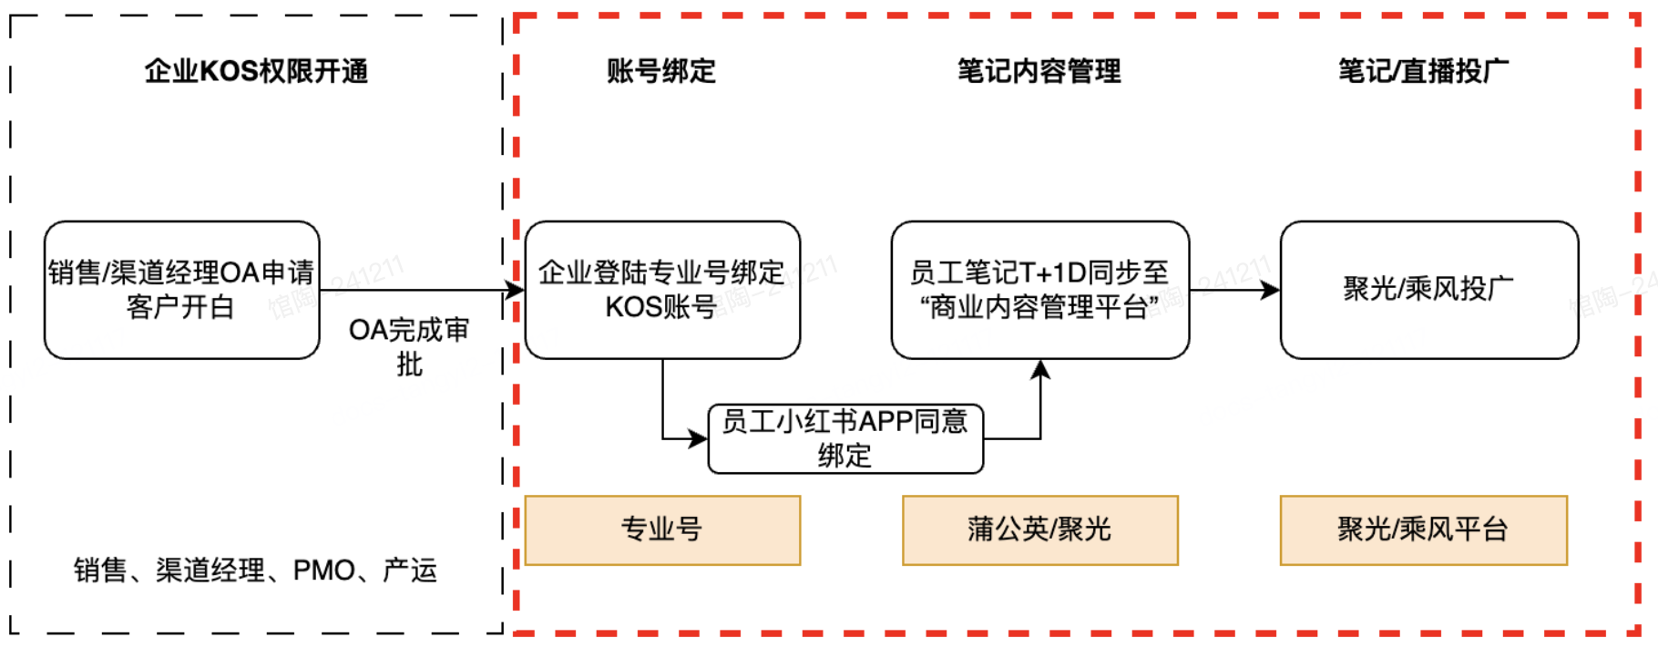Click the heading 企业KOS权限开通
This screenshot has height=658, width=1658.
(x=256, y=71)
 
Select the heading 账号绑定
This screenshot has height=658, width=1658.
(x=661, y=71)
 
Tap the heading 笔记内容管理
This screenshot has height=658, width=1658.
(x=1039, y=71)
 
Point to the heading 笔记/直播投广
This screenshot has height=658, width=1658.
(x=1423, y=71)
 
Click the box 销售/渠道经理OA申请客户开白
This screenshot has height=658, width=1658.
(x=181, y=290)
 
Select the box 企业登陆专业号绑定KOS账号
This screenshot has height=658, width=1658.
(x=662, y=290)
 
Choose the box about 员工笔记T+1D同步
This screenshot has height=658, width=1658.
(x=1039, y=290)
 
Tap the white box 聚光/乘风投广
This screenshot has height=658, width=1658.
(x=1428, y=290)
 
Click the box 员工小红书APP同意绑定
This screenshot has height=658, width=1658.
(x=845, y=438)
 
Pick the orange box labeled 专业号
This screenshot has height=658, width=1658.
(x=662, y=529)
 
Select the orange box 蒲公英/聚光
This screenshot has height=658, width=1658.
(x=1039, y=529)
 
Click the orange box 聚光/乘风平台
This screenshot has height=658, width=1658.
(x=1423, y=529)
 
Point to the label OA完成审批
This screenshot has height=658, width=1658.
(x=409, y=346)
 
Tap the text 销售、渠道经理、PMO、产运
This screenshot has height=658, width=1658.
(x=256, y=571)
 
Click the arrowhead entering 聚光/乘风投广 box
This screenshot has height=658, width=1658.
(x=1270, y=290)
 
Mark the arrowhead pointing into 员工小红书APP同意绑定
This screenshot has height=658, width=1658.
(x=699, y=439)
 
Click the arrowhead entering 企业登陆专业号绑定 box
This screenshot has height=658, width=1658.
(x=516, y=291)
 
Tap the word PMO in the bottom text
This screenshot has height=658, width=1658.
(x=323, y=571)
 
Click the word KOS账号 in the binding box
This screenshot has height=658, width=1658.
(x=660, y=307)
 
